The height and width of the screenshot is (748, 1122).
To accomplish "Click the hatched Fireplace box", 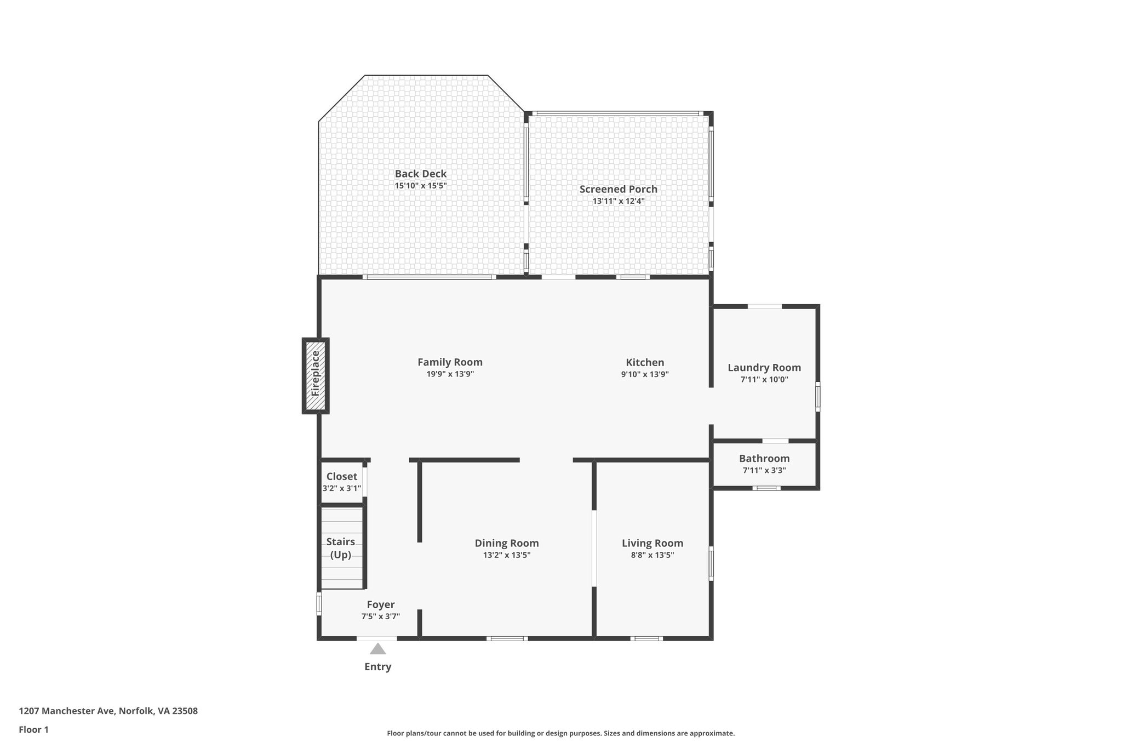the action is pos(316,375).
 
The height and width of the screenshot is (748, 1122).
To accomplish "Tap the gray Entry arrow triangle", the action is pos(377,649).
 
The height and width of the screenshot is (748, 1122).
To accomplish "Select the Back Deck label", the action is pos(421,174).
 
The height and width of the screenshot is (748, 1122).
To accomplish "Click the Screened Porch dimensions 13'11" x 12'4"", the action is pos(619,201).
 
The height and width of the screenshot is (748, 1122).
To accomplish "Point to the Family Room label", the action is pos(450,362).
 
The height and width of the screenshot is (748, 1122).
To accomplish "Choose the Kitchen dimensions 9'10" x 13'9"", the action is pos(645,374).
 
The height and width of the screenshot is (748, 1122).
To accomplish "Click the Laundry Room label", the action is pos(764,368).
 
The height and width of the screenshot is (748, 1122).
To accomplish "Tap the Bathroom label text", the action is pos(764,458).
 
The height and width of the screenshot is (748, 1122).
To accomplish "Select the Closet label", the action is pos(342,477).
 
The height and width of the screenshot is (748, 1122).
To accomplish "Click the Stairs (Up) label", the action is pos(341,548).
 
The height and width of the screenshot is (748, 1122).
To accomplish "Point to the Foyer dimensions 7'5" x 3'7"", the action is pos(381,616).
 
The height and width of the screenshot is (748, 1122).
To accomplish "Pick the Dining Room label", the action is pos(507,543).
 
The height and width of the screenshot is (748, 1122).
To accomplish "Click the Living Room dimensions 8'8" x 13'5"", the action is pos(652,555).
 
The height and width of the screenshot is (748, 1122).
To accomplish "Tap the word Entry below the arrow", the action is pos(378,667).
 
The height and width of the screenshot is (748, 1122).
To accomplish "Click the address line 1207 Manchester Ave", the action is pos(108,711).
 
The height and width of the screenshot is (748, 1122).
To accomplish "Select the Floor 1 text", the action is pos(34,730).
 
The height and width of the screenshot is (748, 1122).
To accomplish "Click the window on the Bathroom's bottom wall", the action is pos(766,488).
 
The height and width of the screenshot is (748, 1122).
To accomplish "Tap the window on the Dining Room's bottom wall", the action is pos(507,638).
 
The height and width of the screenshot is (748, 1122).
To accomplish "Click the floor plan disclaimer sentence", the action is pos(561,733).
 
